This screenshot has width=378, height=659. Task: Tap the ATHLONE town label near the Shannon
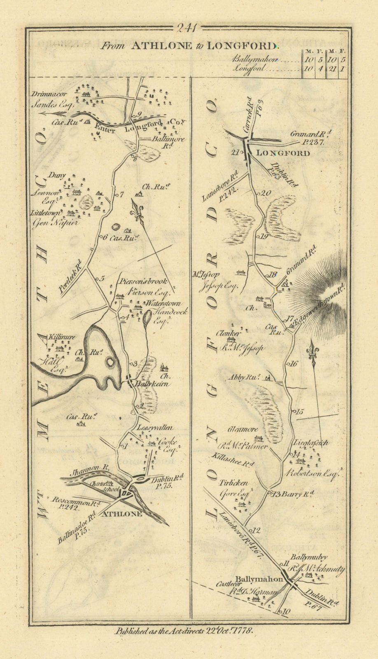[x=122, y=514]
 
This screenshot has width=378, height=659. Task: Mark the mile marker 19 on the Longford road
[x=264, y=236]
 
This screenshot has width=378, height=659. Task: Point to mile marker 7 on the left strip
[x=121, y=195]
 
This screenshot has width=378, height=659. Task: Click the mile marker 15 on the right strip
[x=299, y=411]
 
